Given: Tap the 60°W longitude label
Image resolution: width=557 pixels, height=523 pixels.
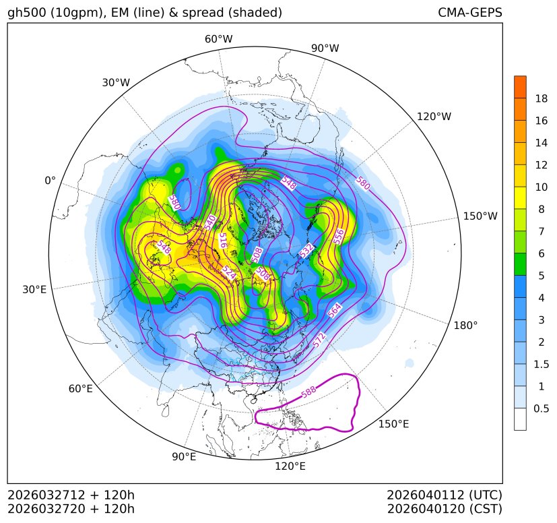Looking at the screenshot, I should (x=218, y=39).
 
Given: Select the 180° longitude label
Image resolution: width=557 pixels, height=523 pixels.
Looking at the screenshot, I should (x=465, y=325).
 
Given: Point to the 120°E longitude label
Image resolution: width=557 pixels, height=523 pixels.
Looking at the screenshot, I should (x=290, y=466).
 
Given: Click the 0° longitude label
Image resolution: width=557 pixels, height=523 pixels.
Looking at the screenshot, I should (x=50, y=181).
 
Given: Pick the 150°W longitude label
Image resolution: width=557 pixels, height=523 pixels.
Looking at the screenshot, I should (x=480, y=216).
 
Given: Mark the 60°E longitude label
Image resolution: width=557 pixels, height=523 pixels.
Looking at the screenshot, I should (x=80, y=389).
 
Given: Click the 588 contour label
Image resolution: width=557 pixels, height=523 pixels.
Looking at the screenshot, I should (x=308, y=391).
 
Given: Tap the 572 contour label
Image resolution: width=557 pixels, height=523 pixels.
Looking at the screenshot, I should (x=321, y=340).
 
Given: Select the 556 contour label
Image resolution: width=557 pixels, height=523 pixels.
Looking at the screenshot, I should (x=339, y=236).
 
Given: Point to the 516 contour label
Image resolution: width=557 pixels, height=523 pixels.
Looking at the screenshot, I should (x=223, y=240).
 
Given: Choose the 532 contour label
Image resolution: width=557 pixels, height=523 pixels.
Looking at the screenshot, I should (x=306, y=251).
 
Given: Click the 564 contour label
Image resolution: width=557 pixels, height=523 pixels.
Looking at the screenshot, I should (x=335, y=311).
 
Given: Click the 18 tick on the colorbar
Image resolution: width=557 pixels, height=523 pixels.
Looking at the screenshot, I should (x=541, y=98).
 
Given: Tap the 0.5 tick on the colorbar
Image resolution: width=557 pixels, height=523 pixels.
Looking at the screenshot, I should (x=541, y=408).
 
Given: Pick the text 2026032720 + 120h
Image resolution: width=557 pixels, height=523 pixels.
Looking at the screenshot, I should (x=71, y=508).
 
